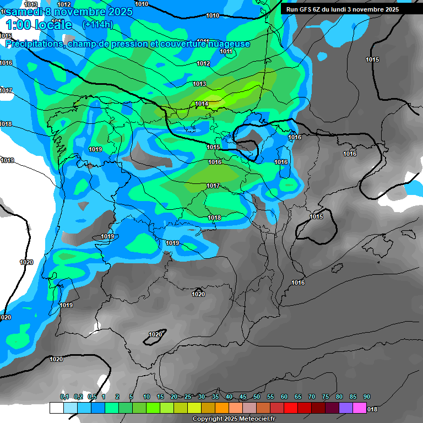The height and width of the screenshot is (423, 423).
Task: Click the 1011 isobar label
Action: pos(226,51)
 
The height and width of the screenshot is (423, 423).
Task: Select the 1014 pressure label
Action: pos(202,104)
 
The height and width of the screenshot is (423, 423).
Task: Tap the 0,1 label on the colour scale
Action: pos(64,397)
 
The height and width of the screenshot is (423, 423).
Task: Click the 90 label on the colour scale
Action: pos(367,397)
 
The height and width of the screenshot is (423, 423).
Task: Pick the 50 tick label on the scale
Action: pos(257,397)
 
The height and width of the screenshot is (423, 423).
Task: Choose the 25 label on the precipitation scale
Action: pos(188,397)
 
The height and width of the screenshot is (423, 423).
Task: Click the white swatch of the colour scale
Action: pos(56,408)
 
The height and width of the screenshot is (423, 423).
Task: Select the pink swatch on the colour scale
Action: pos(360,408)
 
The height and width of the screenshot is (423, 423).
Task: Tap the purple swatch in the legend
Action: pos(346,408)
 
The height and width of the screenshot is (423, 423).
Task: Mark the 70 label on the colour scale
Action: pos(312,397)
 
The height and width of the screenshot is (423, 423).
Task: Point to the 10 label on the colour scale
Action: pos(147,397)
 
